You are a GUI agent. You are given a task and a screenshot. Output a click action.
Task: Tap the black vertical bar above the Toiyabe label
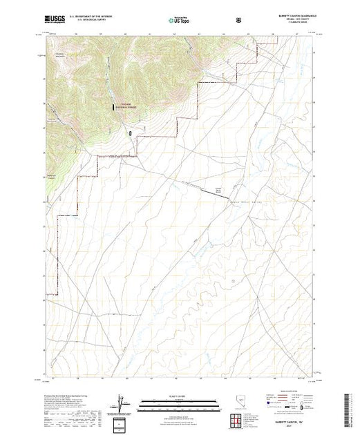[115, 106]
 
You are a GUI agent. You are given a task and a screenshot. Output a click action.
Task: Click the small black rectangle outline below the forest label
[130, 132]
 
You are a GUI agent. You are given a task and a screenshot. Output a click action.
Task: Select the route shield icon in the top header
[239, 21]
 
